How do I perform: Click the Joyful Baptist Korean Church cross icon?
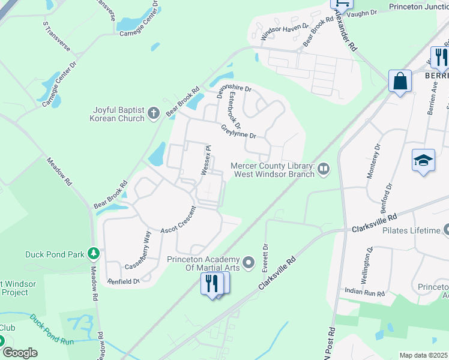coord(153,111)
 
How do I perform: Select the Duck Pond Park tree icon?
coord(94,254)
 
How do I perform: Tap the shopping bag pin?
coord(400,80)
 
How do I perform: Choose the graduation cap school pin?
coord(423,160)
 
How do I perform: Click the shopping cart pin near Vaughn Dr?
coord(341,3)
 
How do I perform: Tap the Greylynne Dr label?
coord(238,131)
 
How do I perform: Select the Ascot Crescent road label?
coord(178,220)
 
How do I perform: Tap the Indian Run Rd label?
coord(364,292)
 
